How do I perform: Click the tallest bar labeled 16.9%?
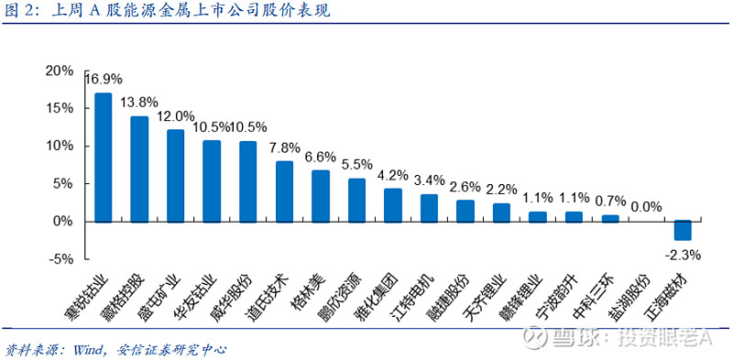104,157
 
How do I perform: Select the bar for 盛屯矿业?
175,175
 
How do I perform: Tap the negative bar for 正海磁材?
683,230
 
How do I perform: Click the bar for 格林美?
320,195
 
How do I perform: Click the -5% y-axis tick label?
61,259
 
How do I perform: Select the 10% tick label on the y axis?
60,146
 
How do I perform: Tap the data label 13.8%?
139,102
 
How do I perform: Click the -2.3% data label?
683,255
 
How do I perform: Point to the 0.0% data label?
646,207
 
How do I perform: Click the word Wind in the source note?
94,349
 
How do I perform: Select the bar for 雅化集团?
392,204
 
